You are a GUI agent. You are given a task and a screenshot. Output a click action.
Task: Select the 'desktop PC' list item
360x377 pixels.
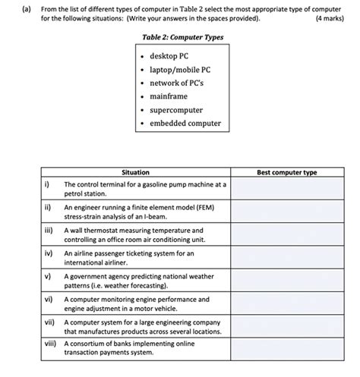pyautogui.click(x=170, y=56)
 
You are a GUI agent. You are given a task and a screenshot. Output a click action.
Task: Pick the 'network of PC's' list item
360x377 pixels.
pyautogui.click(x=178, y=83)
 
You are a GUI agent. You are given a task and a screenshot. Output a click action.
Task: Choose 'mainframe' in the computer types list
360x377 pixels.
pyautogui.click(x=168, y=96)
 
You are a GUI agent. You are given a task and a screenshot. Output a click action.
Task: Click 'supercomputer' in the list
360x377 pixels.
pyautogui.click(x=176, y=110)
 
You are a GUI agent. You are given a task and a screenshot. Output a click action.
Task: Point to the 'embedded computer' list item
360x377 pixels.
pyautogui.click(x=185, y=123)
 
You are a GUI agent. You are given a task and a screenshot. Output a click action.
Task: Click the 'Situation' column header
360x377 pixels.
pyautogui.click(x=135, y=172)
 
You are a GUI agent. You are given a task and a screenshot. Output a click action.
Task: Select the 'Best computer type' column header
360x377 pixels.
pyautogui.click(x=286, y=172)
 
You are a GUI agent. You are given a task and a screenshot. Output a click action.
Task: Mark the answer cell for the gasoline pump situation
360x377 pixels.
pyautogui.click(x=286, y=189)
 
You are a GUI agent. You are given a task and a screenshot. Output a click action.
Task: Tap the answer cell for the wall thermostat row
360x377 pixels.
pyautogui.click(x=286, y=234)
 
